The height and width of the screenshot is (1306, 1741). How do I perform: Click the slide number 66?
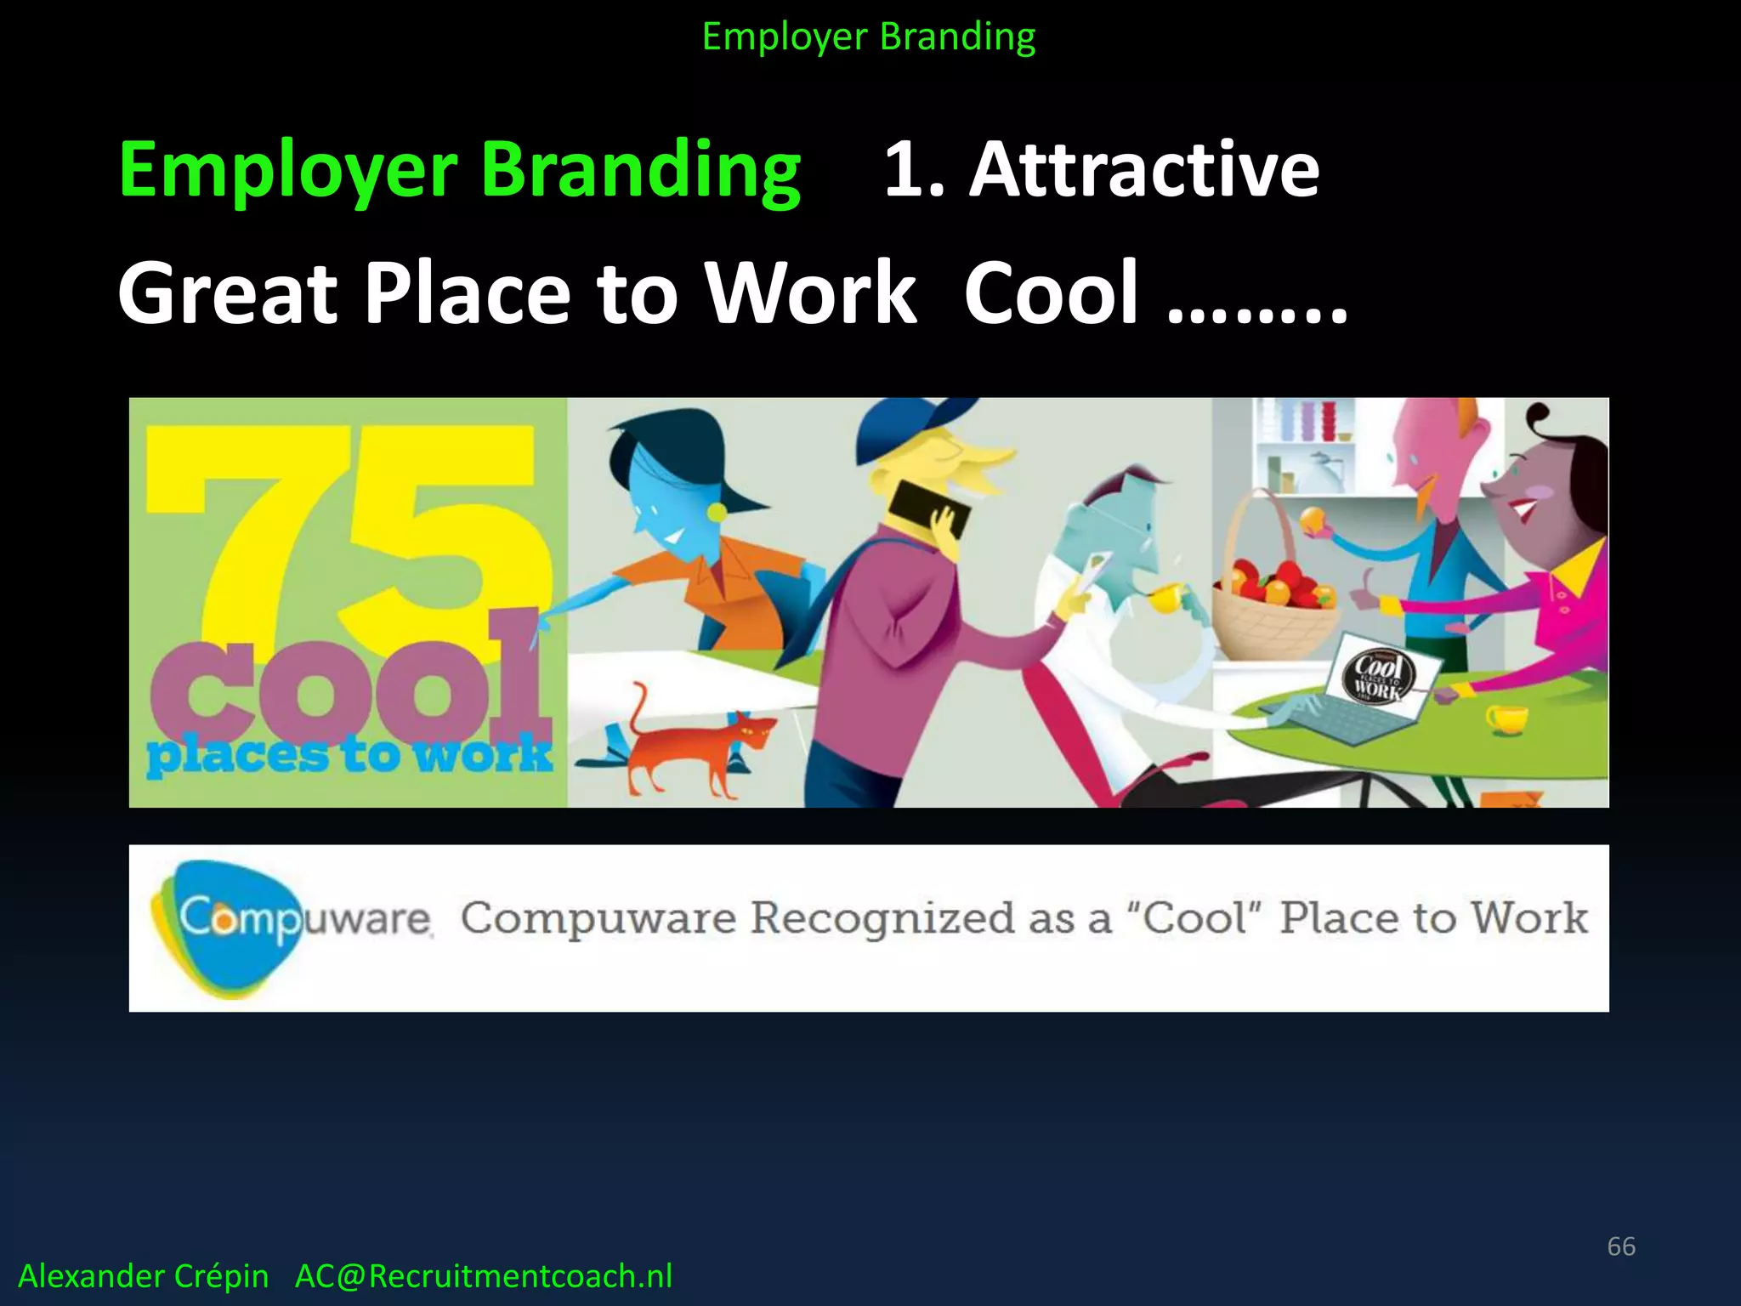pos(1620,1246)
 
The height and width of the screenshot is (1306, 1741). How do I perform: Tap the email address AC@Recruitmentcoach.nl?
pos(483,1276)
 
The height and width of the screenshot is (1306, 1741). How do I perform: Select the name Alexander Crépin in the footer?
pos(143,1276)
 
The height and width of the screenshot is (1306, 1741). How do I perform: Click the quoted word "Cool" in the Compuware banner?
pos(1195,917)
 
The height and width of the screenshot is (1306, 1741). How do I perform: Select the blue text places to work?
pos(349,755)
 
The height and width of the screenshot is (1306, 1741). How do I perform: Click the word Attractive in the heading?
pos(1143,170)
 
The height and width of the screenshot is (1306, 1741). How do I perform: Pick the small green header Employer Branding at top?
pos(869,37)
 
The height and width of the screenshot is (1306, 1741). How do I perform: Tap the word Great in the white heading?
pos(228,293)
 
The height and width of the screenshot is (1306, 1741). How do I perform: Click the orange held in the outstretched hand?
pos(1314,520)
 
